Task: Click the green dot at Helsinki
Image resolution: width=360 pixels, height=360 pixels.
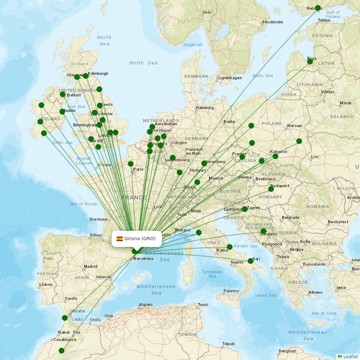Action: click(x=318, y=8)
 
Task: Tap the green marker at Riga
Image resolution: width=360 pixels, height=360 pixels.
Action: click(x=310, y=62)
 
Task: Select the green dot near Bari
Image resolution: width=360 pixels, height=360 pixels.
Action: click(x=251, y=261)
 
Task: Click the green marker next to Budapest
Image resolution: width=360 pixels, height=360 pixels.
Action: click(x=271, y=189)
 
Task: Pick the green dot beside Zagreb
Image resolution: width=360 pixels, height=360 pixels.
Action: click(x=245, y=209)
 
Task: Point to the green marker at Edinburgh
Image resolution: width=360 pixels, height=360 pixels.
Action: click(x=86, y=76)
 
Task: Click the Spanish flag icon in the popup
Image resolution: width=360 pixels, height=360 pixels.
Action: click(x=120, y=239)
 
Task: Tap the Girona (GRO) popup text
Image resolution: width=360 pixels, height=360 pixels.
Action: click(x=140, y=238)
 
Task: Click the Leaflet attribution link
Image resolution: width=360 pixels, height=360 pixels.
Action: click(x=350, y=356)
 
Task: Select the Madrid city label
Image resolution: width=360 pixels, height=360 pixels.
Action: click(x=90, y=266)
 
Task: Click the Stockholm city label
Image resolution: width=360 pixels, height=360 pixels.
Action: click(x=273, y=22)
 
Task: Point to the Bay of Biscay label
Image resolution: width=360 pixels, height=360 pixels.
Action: click(x=84, y=204)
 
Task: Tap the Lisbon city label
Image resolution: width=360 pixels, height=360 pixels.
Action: click(x=46, y=284)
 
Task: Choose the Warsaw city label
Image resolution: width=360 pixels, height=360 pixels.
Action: click(x=294, y=126)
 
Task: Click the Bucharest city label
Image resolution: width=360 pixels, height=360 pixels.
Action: click(x=338, y=222)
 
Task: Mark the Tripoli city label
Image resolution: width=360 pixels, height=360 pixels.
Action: click(x=228, y=344)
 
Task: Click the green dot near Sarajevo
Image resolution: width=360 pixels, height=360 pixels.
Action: click(x=264, y=231)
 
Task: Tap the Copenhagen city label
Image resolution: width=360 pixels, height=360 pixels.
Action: click(x=229, y=78)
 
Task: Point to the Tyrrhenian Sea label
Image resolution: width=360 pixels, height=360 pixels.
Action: click(x=212, y=274)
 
